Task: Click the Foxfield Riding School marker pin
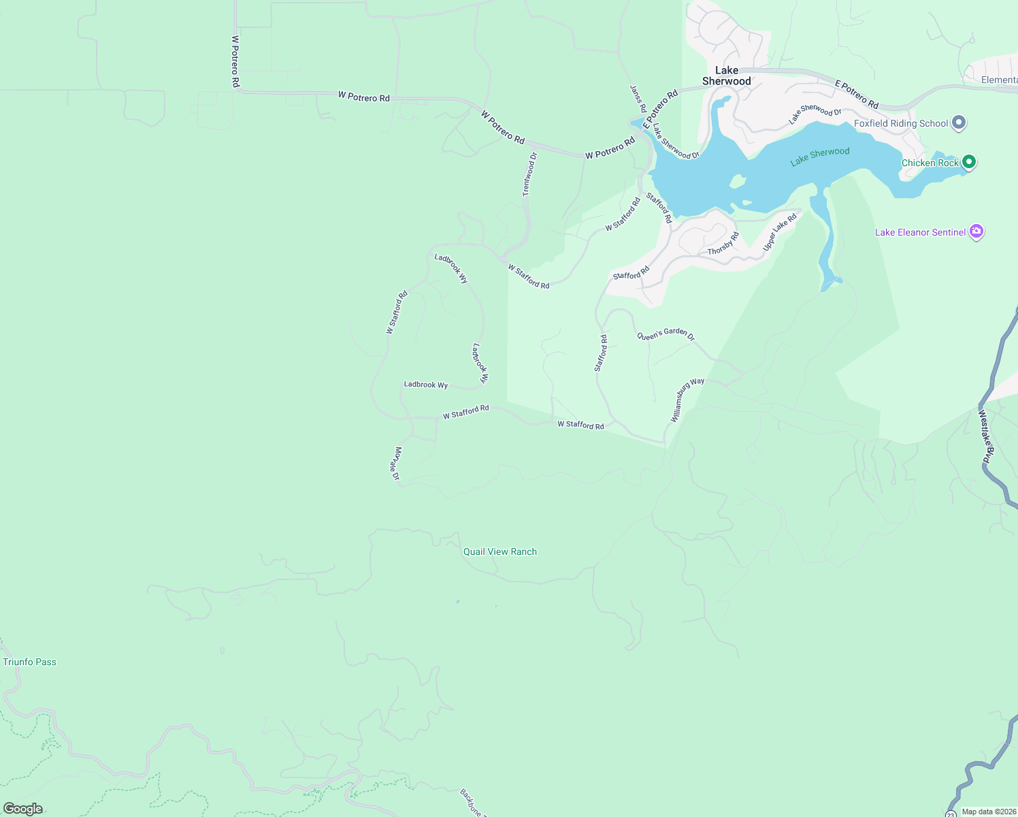point(959,123)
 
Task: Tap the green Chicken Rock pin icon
point(969,162)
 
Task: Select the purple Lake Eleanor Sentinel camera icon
point(976,231)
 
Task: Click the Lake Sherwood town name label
point(727,76)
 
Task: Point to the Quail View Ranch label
point(500,551)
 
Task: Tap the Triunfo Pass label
point(30,662)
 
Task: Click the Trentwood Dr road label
point(529,174)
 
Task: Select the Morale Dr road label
point(395,464)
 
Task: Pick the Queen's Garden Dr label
point(666,334)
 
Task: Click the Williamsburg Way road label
point(687,400)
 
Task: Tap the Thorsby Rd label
point(723,244)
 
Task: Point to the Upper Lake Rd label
point(780,232)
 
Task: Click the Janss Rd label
point(638,99)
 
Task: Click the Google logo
point(23,809)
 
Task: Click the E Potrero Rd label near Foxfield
point(857,95)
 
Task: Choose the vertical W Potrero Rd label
point(235,61)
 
